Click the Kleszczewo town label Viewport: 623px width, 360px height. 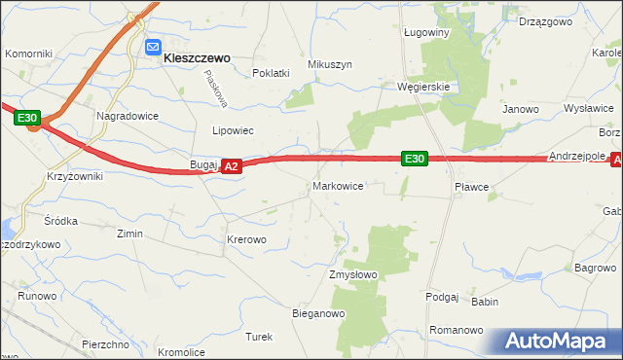[197, 57]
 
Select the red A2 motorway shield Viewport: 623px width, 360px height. [231, 167]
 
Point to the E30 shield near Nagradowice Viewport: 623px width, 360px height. [27, 119]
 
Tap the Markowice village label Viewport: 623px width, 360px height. [338, 185]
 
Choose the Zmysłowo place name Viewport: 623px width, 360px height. [352, 274]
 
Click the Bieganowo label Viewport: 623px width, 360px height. [319, 313]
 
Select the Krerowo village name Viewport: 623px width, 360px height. [245, 238]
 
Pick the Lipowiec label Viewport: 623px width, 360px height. [233, 129]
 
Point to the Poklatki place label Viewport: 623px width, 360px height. [271, 73]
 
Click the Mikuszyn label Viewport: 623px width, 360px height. [329, 64]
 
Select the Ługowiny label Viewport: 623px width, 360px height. [425, 32]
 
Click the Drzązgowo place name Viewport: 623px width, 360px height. [544, 20]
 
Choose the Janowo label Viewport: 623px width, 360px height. [521, 109]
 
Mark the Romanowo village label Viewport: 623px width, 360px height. [457, 330]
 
